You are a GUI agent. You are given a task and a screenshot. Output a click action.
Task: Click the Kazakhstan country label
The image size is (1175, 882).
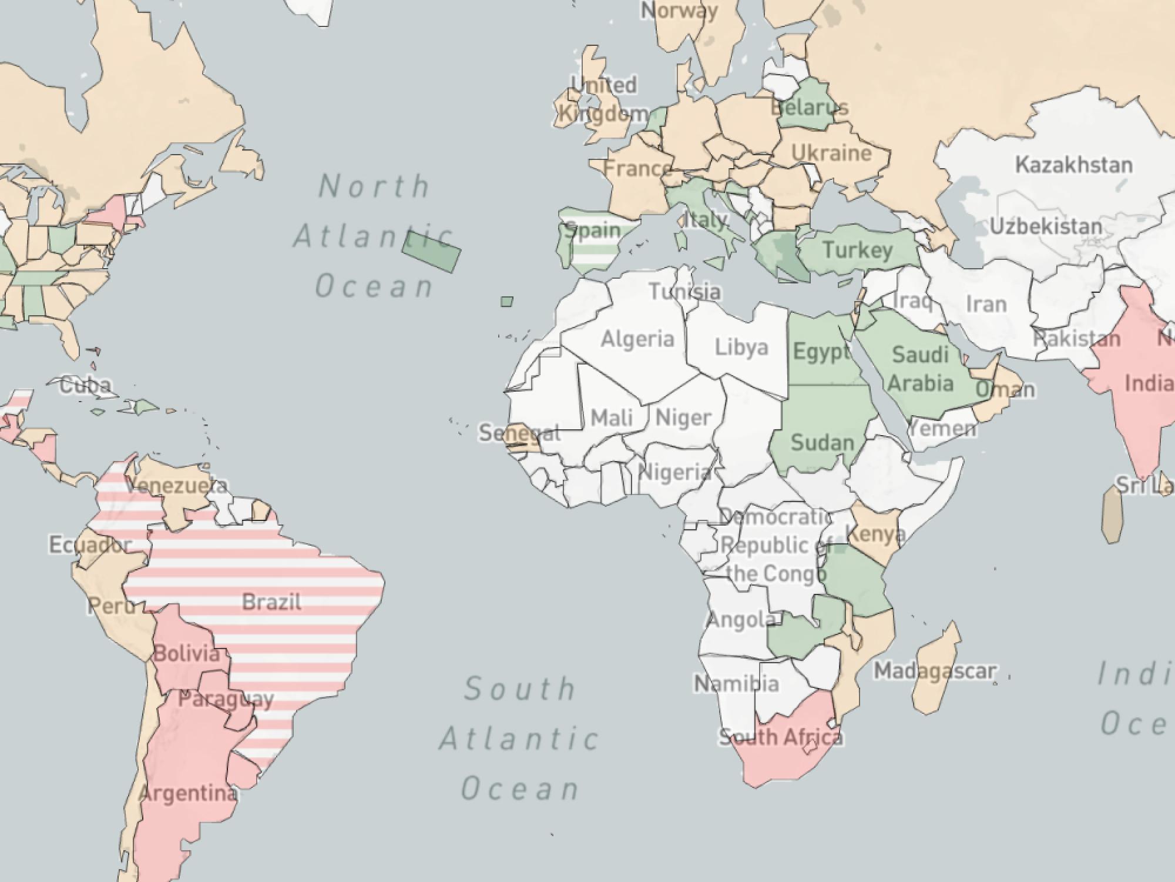[x=1074, y=165]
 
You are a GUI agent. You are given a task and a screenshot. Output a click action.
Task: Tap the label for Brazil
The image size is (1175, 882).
[x=271, y=603]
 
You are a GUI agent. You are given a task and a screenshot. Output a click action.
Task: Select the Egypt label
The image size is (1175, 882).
[x=821, y=352]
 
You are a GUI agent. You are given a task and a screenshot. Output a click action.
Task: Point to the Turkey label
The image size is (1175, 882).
[x=858, y=250]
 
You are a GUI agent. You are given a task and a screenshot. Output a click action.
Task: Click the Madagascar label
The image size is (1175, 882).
[x=935, y=671]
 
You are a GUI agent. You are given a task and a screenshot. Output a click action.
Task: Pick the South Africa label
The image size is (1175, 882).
[x=781, y=737]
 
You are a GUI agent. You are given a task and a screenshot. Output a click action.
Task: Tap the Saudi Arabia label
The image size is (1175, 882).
[x=920, y=369]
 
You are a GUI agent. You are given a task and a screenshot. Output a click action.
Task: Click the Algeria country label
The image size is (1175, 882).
[x=637, y=339]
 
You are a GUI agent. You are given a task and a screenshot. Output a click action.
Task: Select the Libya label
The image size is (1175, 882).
[x=741, y=348]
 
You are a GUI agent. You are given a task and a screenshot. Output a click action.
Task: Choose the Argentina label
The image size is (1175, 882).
[x=189, y=794]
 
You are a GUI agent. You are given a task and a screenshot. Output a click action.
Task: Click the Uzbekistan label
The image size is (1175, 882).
[x=1046, y=226]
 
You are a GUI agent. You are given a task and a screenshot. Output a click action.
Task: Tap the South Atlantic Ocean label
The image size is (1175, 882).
[x=520, y=739]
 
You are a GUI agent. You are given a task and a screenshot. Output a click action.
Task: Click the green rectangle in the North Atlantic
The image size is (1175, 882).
[x=431, y=251]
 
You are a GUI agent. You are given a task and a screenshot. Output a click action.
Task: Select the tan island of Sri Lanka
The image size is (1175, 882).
[x=1111, y=514]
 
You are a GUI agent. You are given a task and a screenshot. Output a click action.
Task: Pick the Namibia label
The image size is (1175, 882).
[x=737, y=684]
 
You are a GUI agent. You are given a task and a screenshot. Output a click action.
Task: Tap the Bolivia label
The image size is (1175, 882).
[x=187, y=653]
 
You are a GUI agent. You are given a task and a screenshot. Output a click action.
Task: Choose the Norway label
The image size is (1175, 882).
[x=679, y=11]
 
